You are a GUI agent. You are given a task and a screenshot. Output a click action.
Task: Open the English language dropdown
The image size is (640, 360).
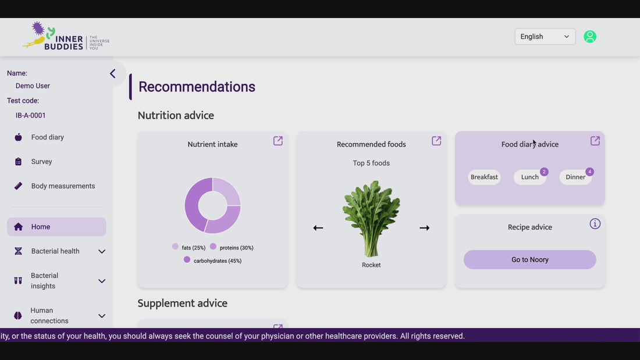click(545, 37)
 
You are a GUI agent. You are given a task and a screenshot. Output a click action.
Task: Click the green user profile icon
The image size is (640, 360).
click(590, 37)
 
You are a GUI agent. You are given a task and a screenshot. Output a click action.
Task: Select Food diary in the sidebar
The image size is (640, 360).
click(47, 137)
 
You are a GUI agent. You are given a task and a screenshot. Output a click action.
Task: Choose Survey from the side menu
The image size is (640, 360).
click(41, 162)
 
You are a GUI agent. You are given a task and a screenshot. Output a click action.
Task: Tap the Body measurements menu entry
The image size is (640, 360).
click(63, 186)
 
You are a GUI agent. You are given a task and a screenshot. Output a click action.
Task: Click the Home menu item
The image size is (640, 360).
click(56, 227)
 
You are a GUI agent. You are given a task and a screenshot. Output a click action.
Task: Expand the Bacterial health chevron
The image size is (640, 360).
click(102, 251)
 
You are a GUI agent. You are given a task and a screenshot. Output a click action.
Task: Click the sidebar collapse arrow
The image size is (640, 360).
click(113, 73)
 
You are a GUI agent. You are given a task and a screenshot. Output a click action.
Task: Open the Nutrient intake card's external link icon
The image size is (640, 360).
click(278, 141)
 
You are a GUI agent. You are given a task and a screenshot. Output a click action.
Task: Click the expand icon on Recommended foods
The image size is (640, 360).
click(436, 141)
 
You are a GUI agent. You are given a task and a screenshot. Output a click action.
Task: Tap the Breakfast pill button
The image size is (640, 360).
click(484, 177)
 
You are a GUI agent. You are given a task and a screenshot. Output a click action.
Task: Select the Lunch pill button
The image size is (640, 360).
click(530, 177)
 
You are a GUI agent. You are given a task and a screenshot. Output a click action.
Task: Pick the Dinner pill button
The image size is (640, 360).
click(575, 177)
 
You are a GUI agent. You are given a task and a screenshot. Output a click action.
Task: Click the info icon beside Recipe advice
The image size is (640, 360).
click(595, 224)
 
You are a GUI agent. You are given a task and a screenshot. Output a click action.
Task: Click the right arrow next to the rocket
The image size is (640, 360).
click(425, 228)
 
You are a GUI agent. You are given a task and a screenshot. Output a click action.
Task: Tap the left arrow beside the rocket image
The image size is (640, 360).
click(318, 228)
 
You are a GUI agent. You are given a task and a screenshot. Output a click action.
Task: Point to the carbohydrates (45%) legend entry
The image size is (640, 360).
click(212, 261)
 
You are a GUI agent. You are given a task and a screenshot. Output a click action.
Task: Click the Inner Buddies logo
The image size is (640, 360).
click(66, 36)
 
